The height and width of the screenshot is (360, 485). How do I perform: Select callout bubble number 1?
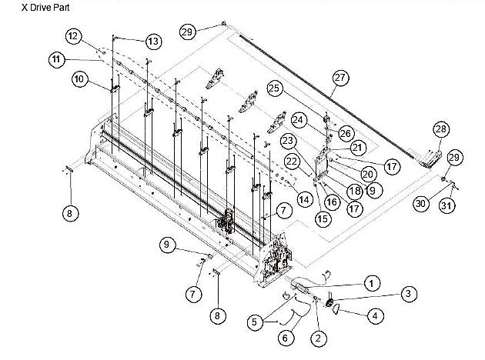tap(371, 284)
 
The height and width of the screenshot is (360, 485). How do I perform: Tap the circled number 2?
tap(409, 293)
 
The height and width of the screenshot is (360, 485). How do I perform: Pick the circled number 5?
tap(286, 337)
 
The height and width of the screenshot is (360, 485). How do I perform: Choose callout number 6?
tap(79, 78)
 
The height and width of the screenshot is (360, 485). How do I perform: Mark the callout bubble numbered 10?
tap(55, 58)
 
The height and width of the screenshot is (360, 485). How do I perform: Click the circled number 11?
tap(73, 36)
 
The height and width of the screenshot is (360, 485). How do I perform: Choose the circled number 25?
tap(340, 77)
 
